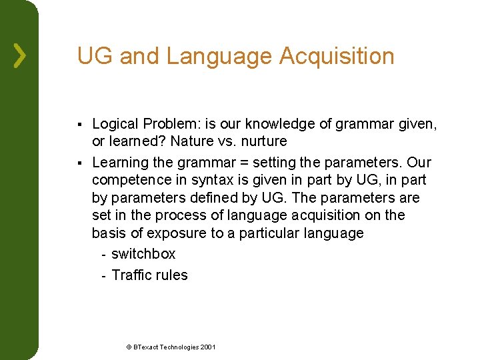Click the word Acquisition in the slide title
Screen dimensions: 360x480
click(337, 56)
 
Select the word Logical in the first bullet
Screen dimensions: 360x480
click(115, 124)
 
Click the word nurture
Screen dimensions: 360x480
click(265, 141)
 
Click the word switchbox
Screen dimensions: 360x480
click(143, 254)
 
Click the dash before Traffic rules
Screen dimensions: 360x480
click(103, 275)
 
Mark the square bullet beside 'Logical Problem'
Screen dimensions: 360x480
click(79, 125)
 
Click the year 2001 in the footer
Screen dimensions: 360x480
click(208, 347)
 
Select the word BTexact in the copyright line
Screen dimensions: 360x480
click(147, 347)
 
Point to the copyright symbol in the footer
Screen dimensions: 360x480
click(129, 347)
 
